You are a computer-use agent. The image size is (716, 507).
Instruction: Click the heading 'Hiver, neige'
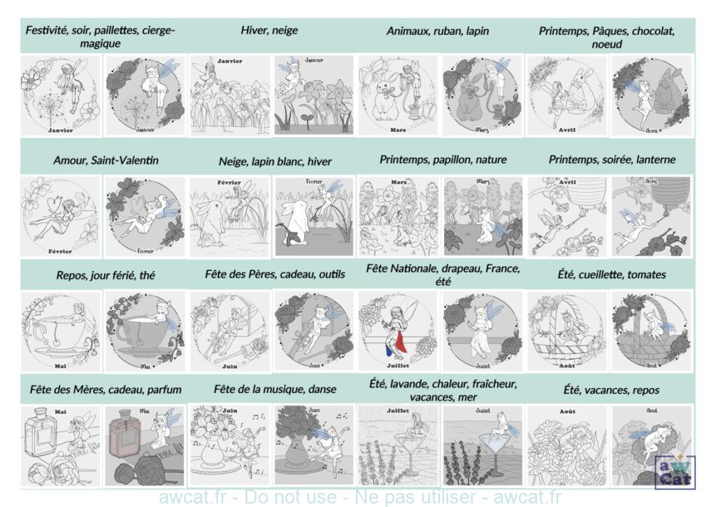tap(269, 30)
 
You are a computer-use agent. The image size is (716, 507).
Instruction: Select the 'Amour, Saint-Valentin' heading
tap(106, 160)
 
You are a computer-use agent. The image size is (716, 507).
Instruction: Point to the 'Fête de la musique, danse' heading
tap(275, 389)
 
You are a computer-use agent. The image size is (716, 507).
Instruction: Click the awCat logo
tap(674, 471)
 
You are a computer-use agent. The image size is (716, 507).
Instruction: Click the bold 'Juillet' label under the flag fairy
tap(399, 366)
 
